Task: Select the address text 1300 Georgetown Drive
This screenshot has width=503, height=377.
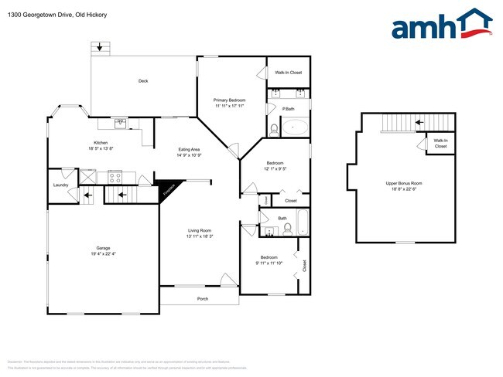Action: (x=39, y=15)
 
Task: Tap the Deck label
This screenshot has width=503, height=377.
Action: (x=143, y=81)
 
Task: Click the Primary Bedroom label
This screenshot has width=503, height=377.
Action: (x=230, y=100)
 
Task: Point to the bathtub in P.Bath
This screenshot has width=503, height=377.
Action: (x=295, y=127)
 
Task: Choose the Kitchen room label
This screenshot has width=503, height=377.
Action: (x=101, y=143)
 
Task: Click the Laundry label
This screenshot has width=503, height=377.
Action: (x=61, y=185)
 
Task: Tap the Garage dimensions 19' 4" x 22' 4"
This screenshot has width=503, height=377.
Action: (x=104, y=254)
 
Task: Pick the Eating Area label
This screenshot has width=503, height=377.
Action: (x=190, y=149)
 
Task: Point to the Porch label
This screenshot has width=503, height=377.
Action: (x=203, y=298)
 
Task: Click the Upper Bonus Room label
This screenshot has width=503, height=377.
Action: (x=404, y=183)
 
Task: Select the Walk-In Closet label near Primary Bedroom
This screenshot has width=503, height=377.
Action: (x=288, y=73)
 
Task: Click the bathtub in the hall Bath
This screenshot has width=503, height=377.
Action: (x=302, y=224)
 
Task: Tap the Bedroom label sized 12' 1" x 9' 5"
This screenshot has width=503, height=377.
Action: (x=275, y=163)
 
